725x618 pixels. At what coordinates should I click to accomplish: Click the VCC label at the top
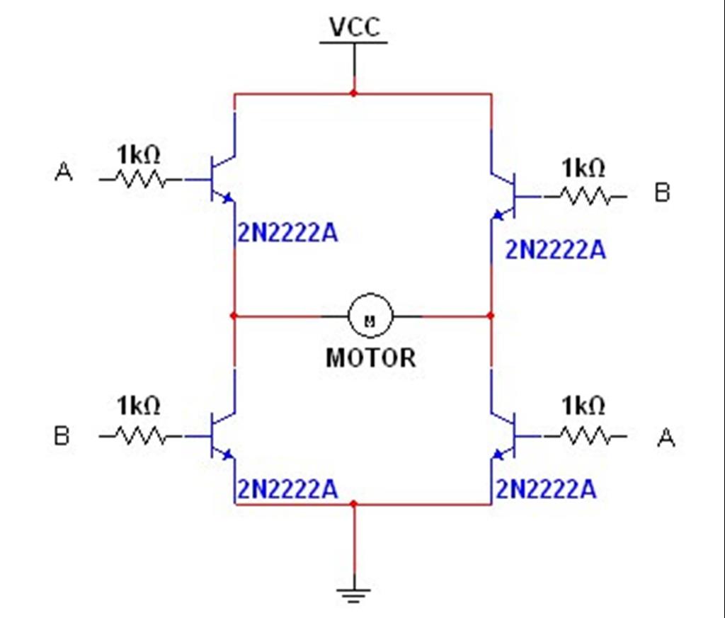354,27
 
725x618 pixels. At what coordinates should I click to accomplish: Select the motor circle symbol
369,316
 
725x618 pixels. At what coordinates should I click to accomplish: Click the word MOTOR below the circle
370,357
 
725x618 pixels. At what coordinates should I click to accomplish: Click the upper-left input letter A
64,172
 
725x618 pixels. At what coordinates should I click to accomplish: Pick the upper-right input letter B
662,193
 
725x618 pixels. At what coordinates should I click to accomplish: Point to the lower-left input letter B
62,435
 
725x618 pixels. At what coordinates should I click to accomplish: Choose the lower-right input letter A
666,439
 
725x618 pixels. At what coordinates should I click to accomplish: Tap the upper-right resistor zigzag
584,195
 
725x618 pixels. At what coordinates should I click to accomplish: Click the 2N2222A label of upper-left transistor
287,233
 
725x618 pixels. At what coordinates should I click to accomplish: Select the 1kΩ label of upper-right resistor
583,168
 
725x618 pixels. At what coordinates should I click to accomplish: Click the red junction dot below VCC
354,93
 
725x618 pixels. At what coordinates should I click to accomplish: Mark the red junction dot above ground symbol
354,504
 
